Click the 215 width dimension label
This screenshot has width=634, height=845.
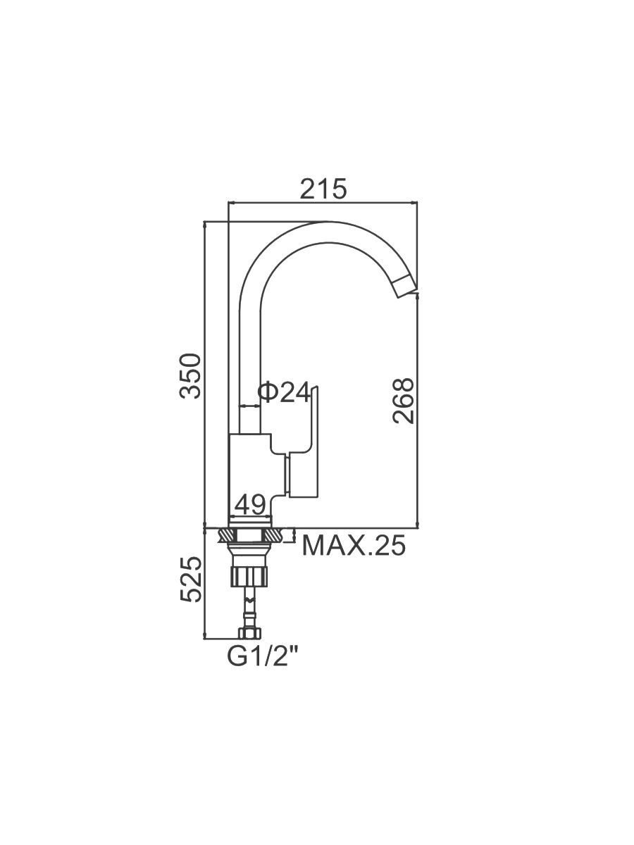323,189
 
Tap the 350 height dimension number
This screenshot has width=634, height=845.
190,376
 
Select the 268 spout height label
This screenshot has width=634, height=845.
403,401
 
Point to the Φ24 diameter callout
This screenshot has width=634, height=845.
284,392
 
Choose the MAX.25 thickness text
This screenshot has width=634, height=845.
354,545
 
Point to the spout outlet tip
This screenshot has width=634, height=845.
407,287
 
